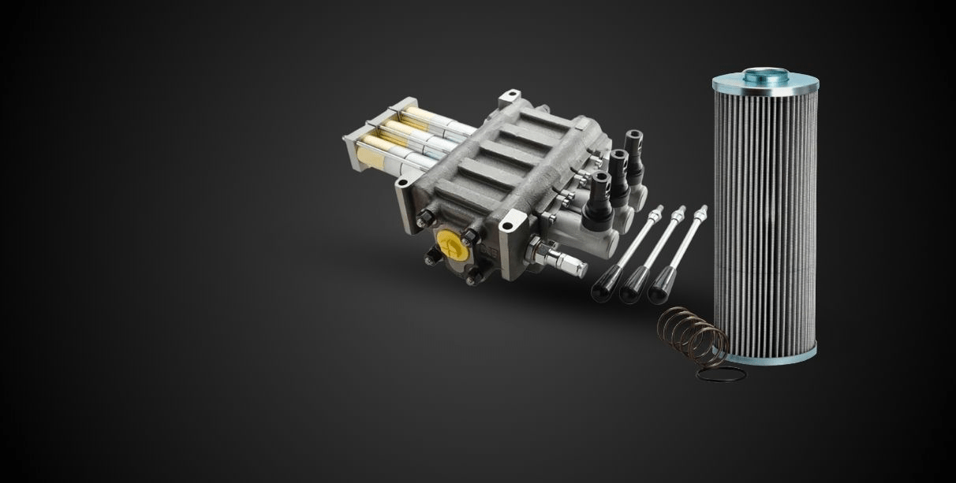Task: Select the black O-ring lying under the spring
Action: coord(719,373)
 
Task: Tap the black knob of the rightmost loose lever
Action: coord(660,285)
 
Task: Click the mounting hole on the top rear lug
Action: coord(509,98)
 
